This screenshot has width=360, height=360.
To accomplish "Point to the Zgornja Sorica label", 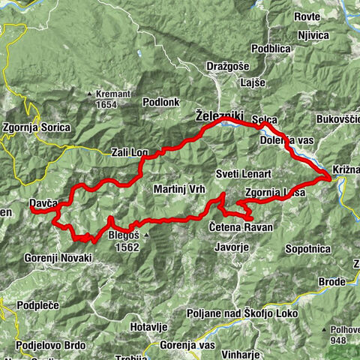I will (37, 127).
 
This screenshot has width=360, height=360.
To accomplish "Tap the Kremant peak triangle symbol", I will (88, 94).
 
